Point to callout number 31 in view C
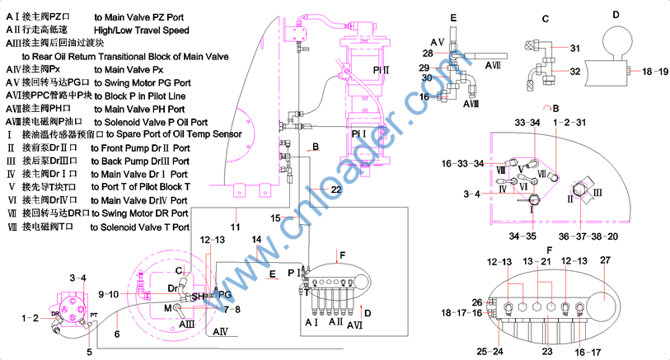(x=575, y=48)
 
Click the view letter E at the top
(x=453, y=16)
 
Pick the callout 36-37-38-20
(x=588, y=235)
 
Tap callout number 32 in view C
(x=575, y=72)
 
